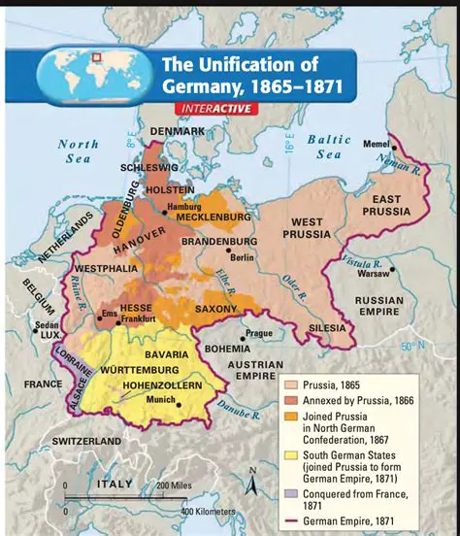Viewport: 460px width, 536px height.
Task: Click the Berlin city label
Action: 242,257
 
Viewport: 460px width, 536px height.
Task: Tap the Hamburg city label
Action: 183,207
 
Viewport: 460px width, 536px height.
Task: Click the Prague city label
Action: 259,333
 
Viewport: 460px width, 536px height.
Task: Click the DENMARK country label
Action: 176,131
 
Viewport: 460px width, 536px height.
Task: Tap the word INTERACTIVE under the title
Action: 216,108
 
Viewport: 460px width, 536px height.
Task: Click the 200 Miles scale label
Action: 176,485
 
